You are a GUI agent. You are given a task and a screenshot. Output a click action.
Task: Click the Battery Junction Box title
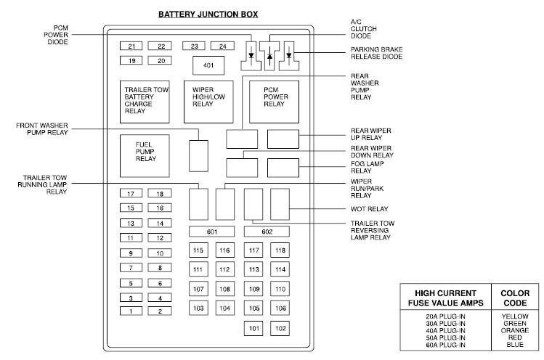(x=208, y=15)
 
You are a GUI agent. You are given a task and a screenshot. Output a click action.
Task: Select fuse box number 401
(x=208, y=65)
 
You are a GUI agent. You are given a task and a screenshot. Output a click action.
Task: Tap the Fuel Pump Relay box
(x=145, y=156)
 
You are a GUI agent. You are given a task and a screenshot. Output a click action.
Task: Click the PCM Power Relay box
(x=274, y=102)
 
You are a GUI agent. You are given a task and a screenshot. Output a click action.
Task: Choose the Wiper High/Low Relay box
(x=208, y=102)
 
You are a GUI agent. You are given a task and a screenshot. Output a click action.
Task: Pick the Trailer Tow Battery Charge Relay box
(x=145, y=102)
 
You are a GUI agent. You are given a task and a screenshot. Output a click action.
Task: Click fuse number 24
(x=222, y=46)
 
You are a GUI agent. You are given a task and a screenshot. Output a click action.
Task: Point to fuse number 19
(x=131, y=61)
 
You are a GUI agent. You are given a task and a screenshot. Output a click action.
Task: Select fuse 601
(x=211, y=232)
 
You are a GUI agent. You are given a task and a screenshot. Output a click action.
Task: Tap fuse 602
(x=267, y=232)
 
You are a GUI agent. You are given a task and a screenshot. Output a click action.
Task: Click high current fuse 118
(x=280, y=250)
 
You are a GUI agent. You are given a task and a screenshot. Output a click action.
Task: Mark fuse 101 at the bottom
(x=253, y=328)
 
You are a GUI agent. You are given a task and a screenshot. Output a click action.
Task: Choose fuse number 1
(x=131, y=311)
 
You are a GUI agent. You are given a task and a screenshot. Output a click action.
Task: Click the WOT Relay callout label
(x=369, y=209)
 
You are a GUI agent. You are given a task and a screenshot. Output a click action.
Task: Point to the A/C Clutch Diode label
(x=363, y=29)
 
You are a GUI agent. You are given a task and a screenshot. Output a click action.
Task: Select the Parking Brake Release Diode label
(x=376, y=53)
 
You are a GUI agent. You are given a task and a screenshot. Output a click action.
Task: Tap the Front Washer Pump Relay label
(x=42, y=128)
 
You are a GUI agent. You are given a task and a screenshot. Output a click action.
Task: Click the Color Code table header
(x=515, y=298)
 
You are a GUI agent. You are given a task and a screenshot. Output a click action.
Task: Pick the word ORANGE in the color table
(x=515, y=330)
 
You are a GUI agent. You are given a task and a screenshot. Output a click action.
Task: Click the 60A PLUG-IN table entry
(x=445, y=345)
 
